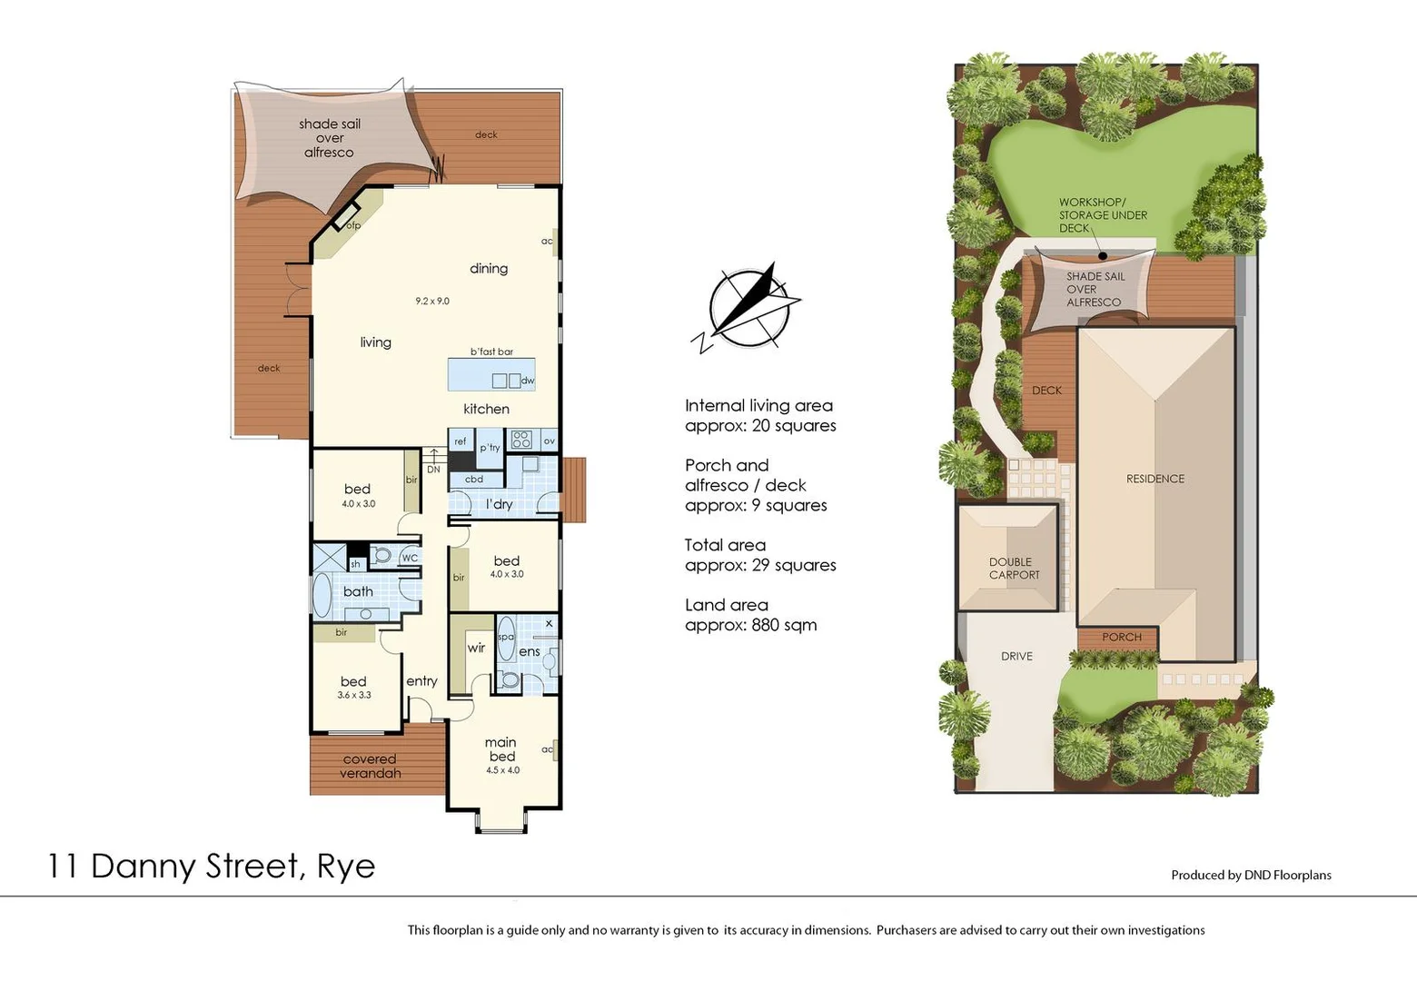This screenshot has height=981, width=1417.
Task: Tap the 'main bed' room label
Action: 501,749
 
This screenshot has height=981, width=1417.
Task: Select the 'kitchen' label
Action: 486,409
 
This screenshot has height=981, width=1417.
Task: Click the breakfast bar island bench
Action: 490,374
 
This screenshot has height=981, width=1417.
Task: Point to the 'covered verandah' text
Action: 370,766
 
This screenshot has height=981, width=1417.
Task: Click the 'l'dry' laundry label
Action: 499,504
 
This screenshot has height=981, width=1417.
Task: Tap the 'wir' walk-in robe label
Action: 476,648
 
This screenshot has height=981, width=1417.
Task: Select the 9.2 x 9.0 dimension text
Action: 432,301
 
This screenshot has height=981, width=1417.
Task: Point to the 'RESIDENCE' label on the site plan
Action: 1155,479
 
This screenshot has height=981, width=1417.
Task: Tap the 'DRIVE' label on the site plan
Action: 1016,656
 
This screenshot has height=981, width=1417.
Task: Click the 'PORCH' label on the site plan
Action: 1122,637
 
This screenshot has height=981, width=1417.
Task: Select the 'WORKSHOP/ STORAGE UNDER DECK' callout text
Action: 1102,215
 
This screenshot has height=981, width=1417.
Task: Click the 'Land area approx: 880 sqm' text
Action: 750,615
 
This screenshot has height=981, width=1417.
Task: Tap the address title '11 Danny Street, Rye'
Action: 211,866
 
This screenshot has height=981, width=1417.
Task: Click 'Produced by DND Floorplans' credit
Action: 1251,875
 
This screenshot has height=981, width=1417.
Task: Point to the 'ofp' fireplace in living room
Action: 350,221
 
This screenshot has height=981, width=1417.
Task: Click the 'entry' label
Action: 421,680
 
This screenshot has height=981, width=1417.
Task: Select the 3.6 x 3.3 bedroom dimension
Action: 354,695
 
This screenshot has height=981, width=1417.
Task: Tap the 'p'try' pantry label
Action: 490,447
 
